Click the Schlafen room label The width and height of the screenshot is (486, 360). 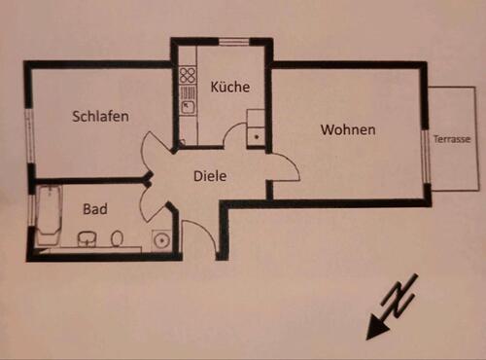tap(101, 116)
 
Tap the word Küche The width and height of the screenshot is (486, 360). tap(229, 88)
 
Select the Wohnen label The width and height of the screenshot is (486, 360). tap(348, 128)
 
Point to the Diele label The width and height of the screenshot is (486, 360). tap(210, 177)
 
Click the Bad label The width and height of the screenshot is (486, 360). tap(94, 209)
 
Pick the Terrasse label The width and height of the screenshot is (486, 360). tap(453, 140)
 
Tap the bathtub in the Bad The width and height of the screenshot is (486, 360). tap(48, 215)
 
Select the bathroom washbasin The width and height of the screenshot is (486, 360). tap(87, 237)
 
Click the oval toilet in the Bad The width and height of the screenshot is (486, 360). tap(117, 237)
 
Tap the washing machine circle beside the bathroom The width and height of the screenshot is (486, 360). tap(160, 238)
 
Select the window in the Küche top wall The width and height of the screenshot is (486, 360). tap(233, 41)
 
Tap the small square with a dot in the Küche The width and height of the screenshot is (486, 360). tap(256, 133)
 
